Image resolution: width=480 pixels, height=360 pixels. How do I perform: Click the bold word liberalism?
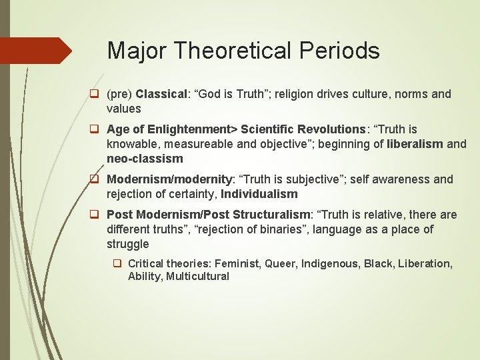pos(415,143)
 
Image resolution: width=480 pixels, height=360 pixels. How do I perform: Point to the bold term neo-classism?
pos(145,159)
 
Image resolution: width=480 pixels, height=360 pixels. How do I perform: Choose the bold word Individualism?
pos(259,194)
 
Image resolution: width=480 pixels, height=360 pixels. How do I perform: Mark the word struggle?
pos(128,244)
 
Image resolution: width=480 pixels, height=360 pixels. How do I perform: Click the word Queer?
pos(281,263)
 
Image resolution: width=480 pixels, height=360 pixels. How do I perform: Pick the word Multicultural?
pos(197,276)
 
